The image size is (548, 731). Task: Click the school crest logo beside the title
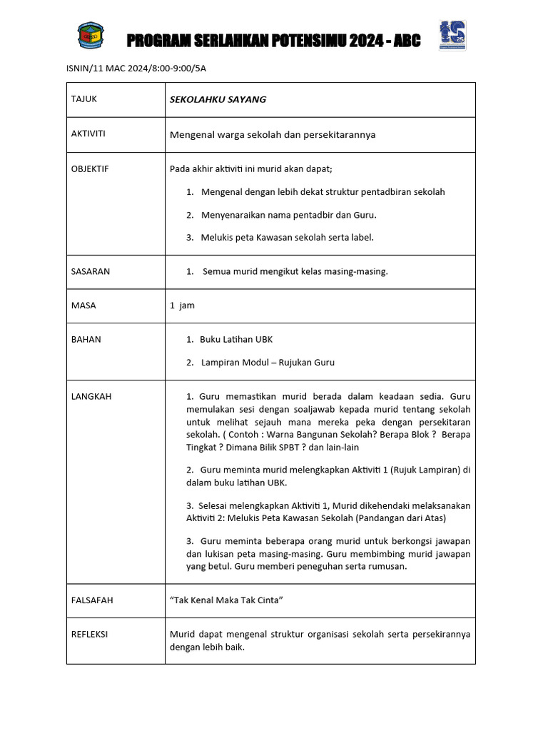(90, 36)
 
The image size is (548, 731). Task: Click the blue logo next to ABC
(452, 36)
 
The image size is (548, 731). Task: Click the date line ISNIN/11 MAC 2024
(135, 69)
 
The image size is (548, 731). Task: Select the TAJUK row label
(83, 99)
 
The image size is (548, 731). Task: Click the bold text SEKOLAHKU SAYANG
(218, 99)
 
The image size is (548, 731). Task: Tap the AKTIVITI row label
(88, 133)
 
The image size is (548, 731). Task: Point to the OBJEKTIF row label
(90, 169)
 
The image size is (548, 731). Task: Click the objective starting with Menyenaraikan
(288, 215)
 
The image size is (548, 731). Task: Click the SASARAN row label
(91, 271)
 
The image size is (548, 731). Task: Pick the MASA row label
(83, 306)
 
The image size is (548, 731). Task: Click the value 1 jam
(182, 306)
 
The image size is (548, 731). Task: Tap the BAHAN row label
(86, 339)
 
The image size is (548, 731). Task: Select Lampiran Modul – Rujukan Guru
(268, 362)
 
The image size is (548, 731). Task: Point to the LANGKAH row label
(91, 396)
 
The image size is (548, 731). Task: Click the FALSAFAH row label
(92, 600)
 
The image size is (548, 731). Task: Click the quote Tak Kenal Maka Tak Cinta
(226, 600)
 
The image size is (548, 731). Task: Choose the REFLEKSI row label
(89, 634)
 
